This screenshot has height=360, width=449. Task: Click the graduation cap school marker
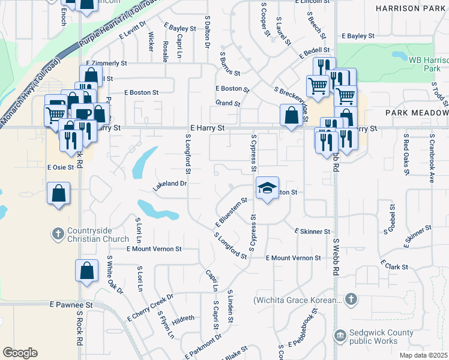[268, 188]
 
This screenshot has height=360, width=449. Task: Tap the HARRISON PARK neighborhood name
[412, 8]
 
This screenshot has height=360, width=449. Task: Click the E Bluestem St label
[231, 214]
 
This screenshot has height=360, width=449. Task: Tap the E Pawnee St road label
[71, 305]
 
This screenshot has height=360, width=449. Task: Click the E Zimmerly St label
[106, 63]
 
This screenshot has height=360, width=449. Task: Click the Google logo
[20, 353]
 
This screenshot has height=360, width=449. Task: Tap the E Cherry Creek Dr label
[150, 306]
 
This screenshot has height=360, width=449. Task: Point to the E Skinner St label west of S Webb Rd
[313, 232]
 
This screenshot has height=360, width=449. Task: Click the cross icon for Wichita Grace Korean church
[351, 299]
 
